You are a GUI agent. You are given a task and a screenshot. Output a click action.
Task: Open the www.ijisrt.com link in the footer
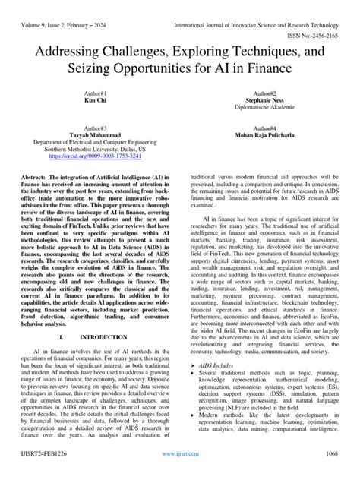(180, 472)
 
